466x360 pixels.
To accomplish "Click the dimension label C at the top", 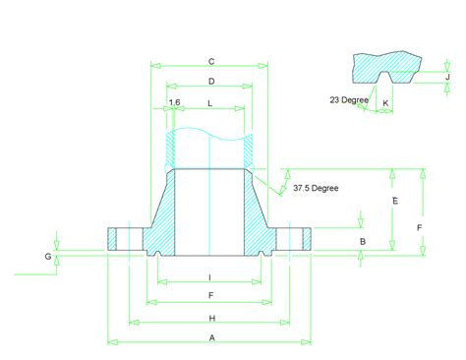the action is coord(211,61).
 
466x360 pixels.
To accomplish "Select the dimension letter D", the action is coord(211,81).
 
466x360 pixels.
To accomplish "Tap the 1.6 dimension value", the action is coord(175,102).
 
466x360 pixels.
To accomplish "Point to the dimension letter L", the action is coord(210,103).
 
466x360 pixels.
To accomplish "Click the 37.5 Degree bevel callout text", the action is coord(316,188).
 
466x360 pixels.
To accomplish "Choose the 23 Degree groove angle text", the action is coord(349,99).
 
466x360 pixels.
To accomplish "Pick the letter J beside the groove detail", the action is coord(447,77).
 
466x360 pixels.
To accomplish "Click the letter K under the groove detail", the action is coord(385,103).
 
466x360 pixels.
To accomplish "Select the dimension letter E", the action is coord(395,201).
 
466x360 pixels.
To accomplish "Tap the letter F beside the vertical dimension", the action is coord(419,227).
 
